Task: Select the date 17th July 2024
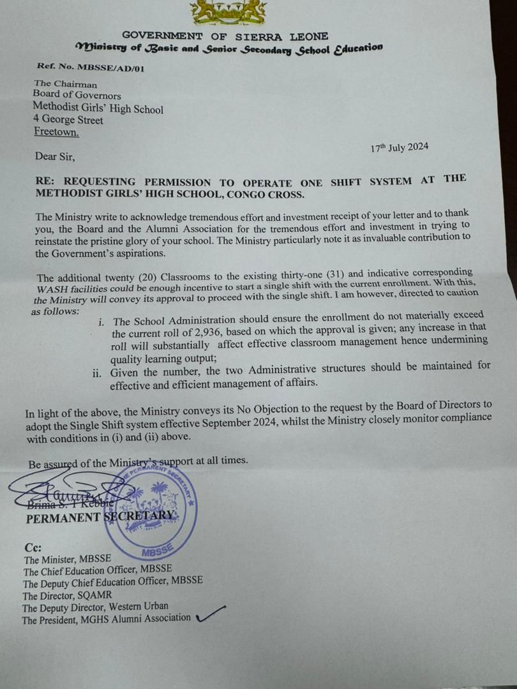coord(400,148)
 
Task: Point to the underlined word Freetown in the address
coord(57,132)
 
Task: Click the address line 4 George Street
coord(68,120)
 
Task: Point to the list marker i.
coord(101,321)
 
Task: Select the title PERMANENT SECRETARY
coord(99,517)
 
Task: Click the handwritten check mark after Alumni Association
coord(211,614)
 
